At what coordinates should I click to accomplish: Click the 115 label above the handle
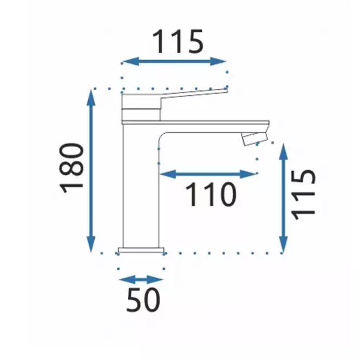click(x=178, y=41)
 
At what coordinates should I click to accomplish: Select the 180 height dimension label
click(x=71, y=168)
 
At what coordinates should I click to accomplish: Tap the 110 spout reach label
click(x=211, y=194)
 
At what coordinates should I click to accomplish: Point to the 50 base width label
click(x=143, y=299)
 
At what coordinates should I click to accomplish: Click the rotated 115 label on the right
click(x=303, y=195)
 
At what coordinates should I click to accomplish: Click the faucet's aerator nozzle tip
click(x=255, y=139)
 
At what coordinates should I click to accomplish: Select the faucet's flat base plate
click(x=141, y=250)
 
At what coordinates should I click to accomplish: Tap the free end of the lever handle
click(x=226, y=91)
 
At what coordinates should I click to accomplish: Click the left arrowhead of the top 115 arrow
click(x=130, y=61)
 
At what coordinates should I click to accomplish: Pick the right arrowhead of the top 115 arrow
click(x=218, y=61)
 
